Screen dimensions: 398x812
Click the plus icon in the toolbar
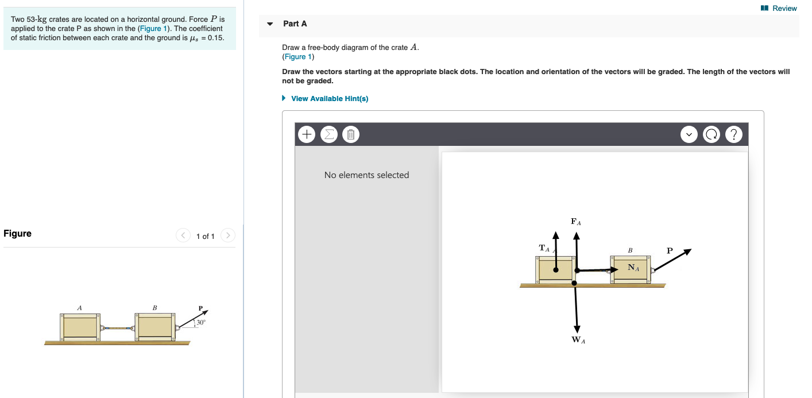(307, 134)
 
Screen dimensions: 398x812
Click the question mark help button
(733, 134)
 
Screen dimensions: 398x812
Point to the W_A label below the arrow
(577, 340)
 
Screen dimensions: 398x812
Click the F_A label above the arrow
(576, 221)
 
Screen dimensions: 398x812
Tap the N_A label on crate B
(633, 267)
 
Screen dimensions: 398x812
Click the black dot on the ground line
(574, 283)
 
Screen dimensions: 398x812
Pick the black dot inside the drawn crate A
(555, 270)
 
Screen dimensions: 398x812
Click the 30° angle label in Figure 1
(200, 323)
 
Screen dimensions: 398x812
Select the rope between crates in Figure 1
(117, 329)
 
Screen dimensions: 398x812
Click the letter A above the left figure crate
(79, 308)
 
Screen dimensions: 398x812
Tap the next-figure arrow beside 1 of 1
(228, 235)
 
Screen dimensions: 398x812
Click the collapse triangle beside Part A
(270, 24)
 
